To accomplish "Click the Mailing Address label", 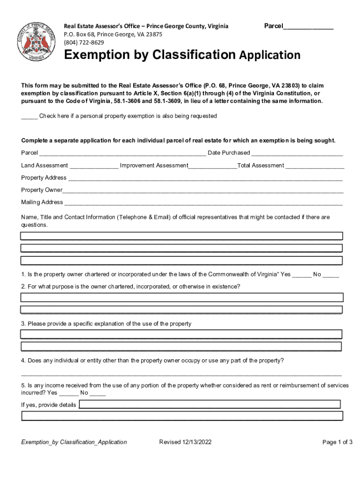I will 42,202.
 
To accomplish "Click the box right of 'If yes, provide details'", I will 209,404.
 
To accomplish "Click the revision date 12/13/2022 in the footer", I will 185,442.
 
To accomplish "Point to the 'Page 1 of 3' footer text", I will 337,442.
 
